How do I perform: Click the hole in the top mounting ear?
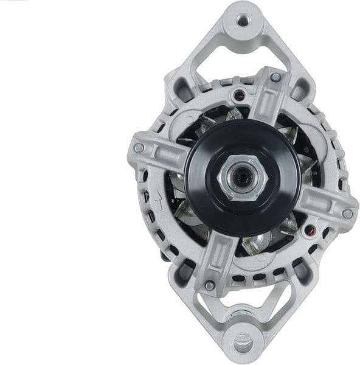243,21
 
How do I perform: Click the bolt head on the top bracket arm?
275,77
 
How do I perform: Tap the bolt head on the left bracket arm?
139,148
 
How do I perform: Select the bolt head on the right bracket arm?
347,214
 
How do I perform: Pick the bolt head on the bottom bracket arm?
210,285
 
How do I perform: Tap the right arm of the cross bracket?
325,207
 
